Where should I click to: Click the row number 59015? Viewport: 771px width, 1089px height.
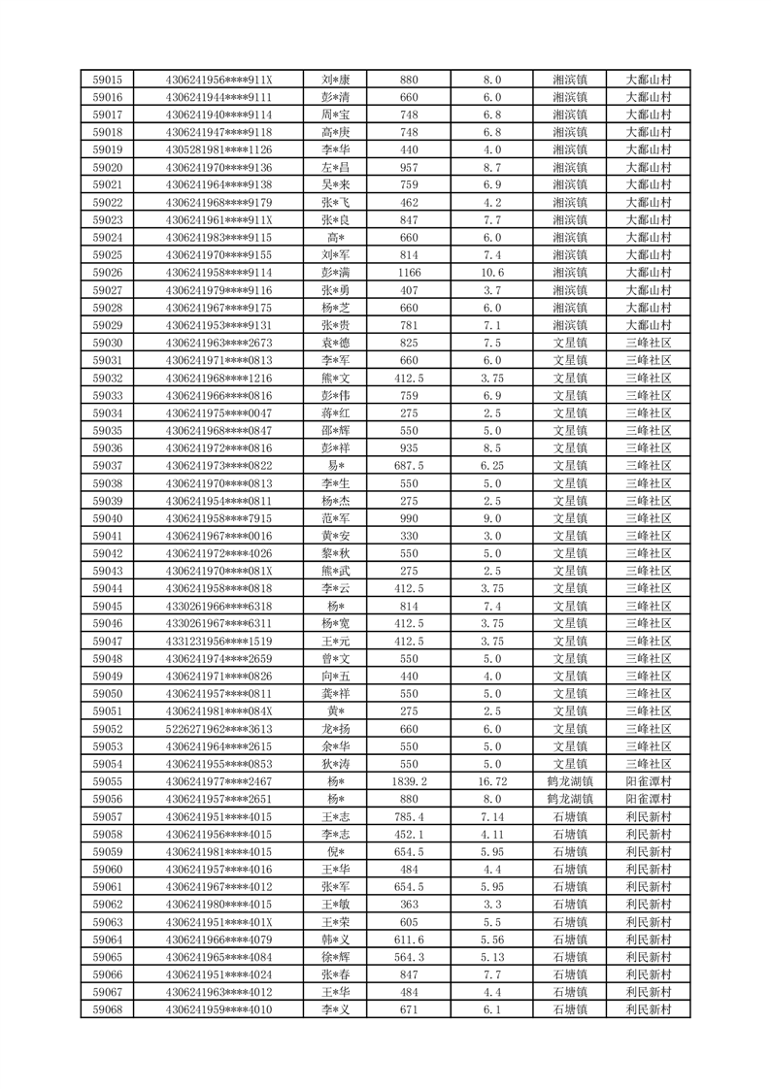107,80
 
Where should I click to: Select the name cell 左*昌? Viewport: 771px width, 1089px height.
335,167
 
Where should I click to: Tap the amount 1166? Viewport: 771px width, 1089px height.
409,273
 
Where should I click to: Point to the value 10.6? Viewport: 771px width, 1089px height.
491,273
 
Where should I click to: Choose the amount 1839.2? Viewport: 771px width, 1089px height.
409,781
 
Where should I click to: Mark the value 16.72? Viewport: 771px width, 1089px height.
491,781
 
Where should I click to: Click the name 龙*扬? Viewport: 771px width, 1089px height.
335,729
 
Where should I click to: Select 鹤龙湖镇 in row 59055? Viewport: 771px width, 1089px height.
569,781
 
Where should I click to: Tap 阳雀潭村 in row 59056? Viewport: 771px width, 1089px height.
649,799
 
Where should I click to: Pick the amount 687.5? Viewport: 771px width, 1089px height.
409,466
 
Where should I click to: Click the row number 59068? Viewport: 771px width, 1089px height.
107,1009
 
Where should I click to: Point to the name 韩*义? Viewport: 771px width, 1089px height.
335,940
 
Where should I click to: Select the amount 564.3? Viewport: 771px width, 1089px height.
409,957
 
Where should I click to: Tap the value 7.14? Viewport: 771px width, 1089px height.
491,816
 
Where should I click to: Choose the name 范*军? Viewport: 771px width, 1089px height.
335,518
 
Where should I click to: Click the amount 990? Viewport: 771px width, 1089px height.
409,518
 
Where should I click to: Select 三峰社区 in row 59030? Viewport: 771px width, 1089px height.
649,343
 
